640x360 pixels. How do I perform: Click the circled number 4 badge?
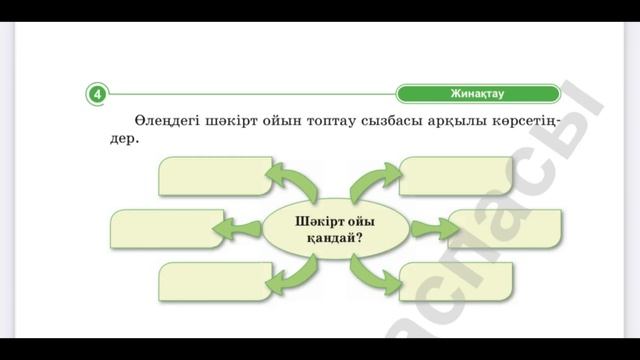coord(97,94)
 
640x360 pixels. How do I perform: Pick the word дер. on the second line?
coord(121,139)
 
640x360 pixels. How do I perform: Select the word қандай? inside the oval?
coord(335,241)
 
